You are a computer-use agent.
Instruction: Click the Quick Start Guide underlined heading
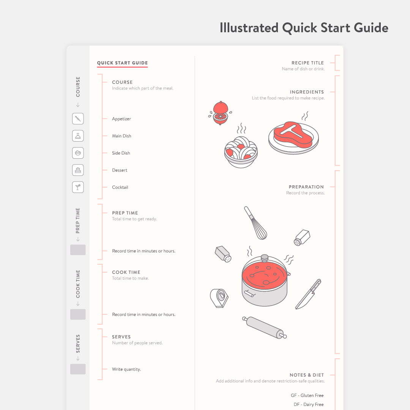122,63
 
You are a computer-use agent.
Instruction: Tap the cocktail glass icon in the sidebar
78,187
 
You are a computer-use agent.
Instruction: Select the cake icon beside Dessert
78,170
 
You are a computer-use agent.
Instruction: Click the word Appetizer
121,119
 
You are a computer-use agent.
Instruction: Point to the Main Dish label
121,136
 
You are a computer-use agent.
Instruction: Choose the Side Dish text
121,153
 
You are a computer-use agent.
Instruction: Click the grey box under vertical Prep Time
78,250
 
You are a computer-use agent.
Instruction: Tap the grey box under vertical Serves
78,369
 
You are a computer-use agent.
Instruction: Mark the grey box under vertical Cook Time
78,314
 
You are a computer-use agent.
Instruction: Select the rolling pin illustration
265,327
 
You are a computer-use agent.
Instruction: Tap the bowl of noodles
241,151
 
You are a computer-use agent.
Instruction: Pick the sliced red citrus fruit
220,112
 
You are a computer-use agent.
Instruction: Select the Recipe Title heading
307,63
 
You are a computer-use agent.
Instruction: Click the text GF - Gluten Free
307,395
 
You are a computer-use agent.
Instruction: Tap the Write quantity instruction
126,369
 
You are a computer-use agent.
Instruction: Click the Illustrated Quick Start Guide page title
304,28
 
